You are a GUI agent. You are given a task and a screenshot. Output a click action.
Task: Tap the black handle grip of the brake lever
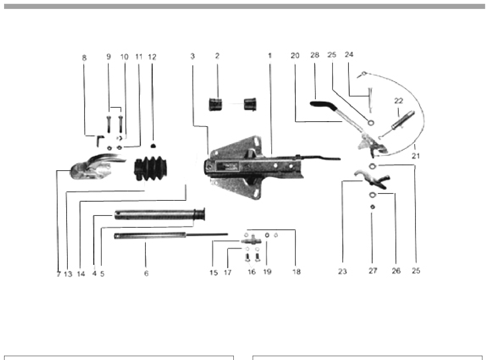click(322, 105)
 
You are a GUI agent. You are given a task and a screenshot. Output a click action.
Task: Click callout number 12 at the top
click(152, 57)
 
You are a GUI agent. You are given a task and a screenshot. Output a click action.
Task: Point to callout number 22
click(398, 101)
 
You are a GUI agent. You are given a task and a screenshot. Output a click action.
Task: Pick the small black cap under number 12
click(152, 145)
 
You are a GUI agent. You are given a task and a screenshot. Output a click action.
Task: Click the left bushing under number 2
click(215, 104)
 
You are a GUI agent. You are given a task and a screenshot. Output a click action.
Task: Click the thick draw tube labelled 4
click(160, 215)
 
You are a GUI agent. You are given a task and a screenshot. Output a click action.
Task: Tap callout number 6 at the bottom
click(146, 273)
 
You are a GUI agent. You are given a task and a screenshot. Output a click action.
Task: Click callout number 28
click(315, 55)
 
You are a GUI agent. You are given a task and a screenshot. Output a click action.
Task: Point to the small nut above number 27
click(372, 207)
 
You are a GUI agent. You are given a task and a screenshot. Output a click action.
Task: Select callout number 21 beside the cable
click(415, 156)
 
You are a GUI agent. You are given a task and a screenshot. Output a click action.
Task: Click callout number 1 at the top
click(270, 56)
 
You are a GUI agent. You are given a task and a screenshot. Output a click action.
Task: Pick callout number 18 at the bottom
click(297, 272)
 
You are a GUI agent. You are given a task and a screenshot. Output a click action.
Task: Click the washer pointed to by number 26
click(372, 195)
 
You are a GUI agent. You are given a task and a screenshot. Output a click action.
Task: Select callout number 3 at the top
click(192, 56)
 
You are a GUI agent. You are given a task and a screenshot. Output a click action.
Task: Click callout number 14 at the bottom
click(81, 274)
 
